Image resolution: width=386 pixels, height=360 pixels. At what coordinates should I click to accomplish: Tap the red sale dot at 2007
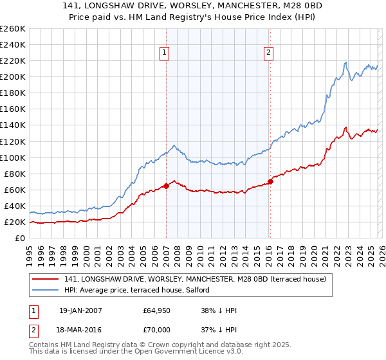coord(166,186)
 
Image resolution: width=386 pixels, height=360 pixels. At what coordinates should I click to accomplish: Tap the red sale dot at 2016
coord(270,181)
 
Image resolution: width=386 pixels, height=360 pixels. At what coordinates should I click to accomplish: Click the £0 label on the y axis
coord(19,238)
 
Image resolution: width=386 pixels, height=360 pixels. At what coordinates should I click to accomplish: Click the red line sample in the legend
coord(46,279)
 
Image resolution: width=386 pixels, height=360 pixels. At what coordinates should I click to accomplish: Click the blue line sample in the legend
coord(46,290)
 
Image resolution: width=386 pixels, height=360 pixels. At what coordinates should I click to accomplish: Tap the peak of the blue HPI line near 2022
coord(345,62)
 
